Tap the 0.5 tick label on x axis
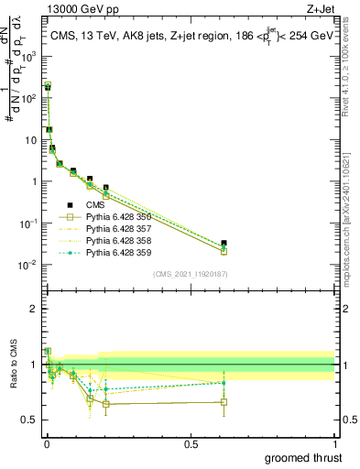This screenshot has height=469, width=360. point(191,443)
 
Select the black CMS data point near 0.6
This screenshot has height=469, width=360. point(224,243)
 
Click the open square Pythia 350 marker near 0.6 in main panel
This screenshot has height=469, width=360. point(224,251)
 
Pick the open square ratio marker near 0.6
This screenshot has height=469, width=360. point(224,401)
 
